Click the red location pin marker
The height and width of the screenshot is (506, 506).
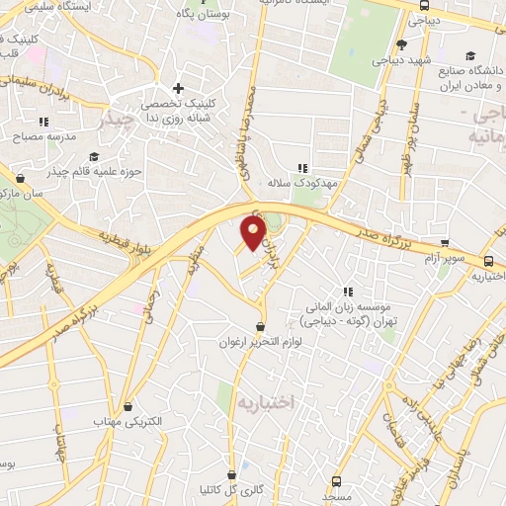tap(254, 233)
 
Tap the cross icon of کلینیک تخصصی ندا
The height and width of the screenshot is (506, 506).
tap(177, 88)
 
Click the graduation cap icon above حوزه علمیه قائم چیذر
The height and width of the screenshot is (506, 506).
tap(93, 156)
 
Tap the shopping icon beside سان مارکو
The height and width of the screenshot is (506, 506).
tap(22, 178)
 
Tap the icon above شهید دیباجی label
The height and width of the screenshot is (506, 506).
tap(401, 44)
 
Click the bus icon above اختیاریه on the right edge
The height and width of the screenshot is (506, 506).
tap(490, 261)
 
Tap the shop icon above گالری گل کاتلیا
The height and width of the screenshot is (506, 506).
tap(232, 474)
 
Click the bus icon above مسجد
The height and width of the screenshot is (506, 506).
tap(338, 481)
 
